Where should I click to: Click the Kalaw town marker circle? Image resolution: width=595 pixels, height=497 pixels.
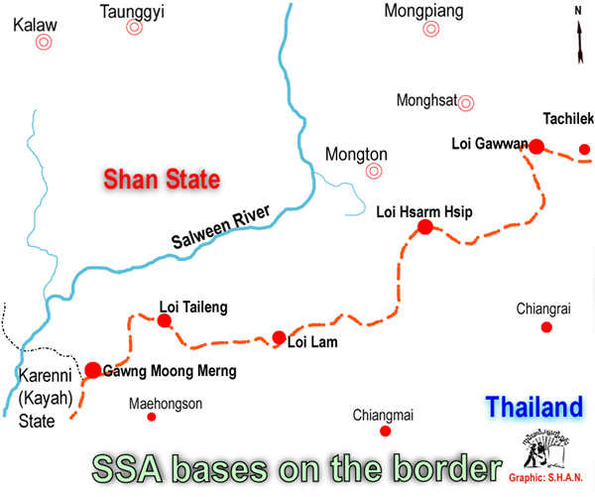click(x=44, y=43)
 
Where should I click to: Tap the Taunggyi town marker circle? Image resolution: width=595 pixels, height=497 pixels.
click(x=135, y=29)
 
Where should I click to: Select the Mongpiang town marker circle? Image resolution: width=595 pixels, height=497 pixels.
click(x=430, y=29)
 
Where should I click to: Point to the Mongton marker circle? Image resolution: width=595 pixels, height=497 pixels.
click(x=374, y=171)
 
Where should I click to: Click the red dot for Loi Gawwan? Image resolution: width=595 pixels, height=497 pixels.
click(x=536, y=147)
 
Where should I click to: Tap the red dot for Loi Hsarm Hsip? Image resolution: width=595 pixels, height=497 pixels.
click(x=425, y=227)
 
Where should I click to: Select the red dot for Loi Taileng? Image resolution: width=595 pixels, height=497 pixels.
click(x=165, y=320)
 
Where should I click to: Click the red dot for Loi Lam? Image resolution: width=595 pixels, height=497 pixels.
click(x=279, y=337)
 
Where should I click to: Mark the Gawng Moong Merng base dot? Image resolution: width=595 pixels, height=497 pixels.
click(x=92, y=370)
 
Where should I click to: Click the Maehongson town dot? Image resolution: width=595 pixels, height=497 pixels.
click(x=152, y=417)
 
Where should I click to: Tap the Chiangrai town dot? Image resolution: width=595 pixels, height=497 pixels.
click(x=545, y=326)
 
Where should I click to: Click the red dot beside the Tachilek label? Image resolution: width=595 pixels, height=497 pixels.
click(x=585, y=150)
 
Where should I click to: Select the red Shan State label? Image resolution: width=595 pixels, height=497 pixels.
click(x=162, y=180)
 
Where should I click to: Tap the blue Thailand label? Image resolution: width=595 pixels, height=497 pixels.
click(x=533, y=407)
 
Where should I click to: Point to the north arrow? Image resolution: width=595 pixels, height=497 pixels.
click(x=577, y=30)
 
